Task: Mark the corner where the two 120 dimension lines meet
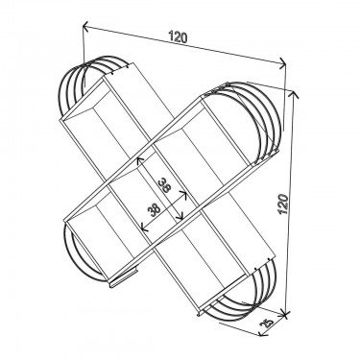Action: [x=286, y=66]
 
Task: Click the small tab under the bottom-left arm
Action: [x=119, y=281]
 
